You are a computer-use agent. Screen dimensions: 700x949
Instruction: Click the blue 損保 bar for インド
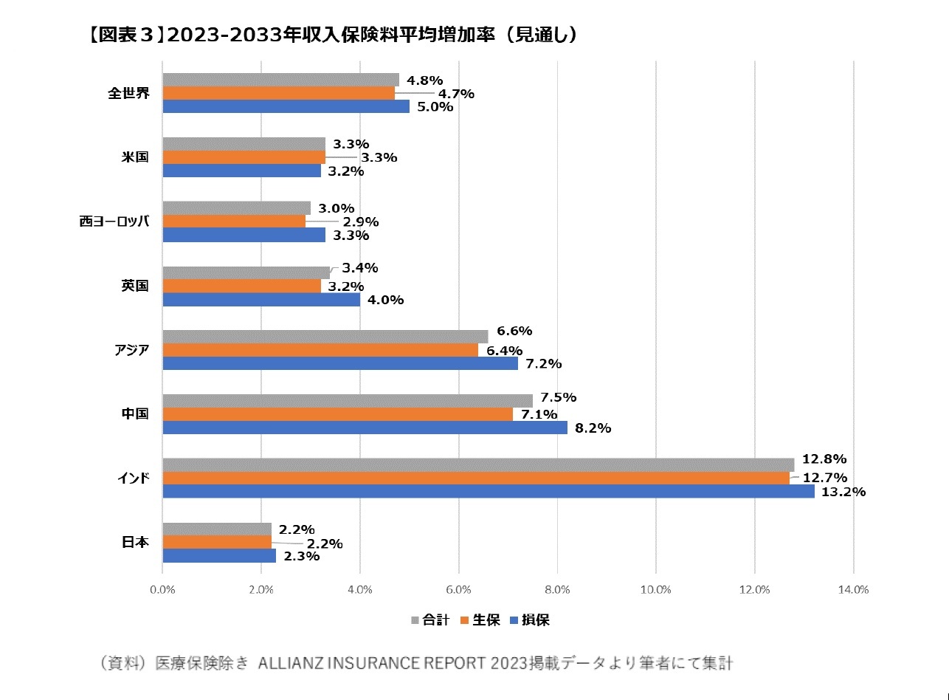[x=489, y=492]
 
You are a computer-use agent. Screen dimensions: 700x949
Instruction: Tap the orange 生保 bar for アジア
[x=320, y=350]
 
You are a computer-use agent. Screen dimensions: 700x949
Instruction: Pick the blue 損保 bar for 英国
[x=261, y=300]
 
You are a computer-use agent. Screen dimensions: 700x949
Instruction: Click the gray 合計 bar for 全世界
[x=280, y=80]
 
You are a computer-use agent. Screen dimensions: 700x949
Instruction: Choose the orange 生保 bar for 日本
[x=217, y=543]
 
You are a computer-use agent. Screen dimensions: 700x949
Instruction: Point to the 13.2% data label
[x=843, y=493]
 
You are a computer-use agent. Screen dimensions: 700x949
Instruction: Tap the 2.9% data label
[x=360, y=222]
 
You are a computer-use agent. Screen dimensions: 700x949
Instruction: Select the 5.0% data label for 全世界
[x=436, y=107]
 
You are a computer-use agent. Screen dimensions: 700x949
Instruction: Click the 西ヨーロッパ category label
[x=114, y=222]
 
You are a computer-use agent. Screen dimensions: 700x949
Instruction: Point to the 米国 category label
[x=135, y=157]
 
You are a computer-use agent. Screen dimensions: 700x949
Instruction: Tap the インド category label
[x=134, y=478]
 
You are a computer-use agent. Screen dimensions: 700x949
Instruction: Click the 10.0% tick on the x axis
[x=656, y=589]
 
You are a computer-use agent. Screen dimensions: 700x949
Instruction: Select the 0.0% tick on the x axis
[x=162, y=589]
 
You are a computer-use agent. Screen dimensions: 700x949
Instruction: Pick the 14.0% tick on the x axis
[x=853, y=589]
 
